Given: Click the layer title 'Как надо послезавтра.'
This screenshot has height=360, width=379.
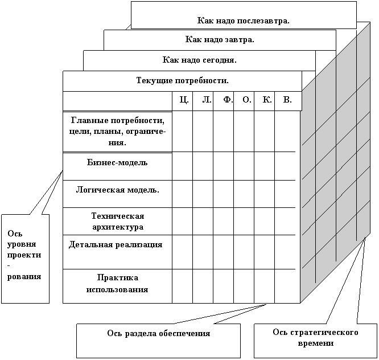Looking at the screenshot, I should coord(243,21).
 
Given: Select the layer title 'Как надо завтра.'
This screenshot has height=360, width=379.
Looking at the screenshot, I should coord(220,40).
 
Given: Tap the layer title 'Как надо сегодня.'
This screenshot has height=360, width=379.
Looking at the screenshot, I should coord(199,59).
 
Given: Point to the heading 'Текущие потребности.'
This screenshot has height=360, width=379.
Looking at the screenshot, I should coord(182,80).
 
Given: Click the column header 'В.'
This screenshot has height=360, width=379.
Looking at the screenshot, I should coord(287,100).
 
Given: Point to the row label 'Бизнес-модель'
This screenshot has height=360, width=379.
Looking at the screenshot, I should coord(117,163).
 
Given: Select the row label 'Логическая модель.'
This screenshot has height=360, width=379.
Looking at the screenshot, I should coord(117,190).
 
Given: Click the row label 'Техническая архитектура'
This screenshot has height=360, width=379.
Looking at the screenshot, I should coord(117,221).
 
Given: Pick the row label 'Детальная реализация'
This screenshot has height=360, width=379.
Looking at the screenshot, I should coord(116,245).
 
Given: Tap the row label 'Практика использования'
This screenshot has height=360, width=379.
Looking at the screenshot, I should coord(117,284).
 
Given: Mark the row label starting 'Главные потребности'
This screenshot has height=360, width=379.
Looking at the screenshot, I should coord(117,132).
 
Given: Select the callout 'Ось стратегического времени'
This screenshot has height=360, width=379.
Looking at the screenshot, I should coord(315,338).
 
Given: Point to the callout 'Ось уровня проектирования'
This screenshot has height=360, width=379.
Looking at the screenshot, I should coord(24,255).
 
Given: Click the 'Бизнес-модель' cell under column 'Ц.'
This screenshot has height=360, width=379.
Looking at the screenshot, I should coord(182,166).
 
